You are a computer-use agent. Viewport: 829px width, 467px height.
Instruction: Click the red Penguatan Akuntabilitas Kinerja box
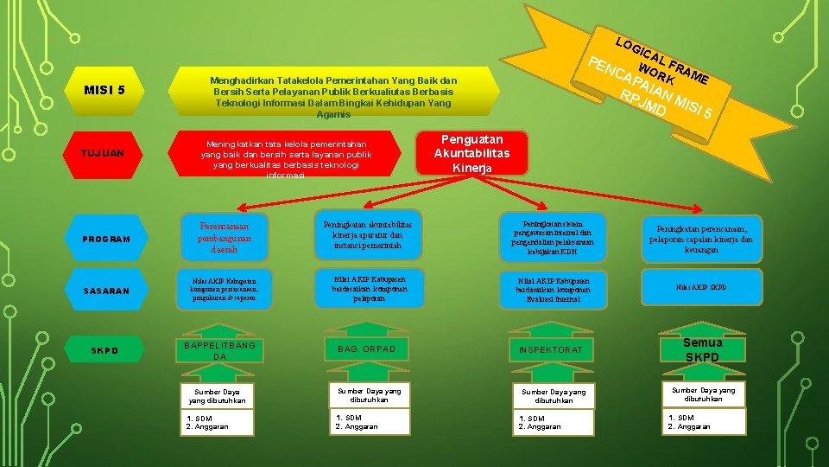tap(471, 153)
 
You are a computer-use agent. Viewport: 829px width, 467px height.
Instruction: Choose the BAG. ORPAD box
tap(366, 349)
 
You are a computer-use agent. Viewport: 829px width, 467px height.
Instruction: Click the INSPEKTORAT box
tap(551, 349)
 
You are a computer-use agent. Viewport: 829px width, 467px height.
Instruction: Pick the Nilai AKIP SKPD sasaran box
tap(702, 288)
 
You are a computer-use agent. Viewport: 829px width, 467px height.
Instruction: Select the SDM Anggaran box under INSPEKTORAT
tap(551, 421)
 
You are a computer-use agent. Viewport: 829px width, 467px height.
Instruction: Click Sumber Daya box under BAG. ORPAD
tap(366, 395)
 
